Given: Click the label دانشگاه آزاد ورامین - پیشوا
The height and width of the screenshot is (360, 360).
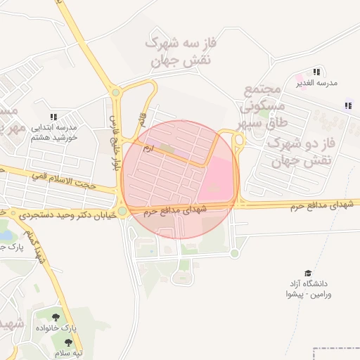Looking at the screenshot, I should [x=309, y=288].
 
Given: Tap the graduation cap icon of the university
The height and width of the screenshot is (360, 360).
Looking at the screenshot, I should [x=307, y=273].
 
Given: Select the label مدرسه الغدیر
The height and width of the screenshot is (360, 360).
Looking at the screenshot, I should [x=317, y=83].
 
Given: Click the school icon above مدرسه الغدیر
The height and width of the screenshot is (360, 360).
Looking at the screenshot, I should [x=317, y=72].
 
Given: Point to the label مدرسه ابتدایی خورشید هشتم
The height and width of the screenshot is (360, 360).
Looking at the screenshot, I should [x=53, y=132].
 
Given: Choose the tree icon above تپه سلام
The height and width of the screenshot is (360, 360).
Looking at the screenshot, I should [x=68, y=342].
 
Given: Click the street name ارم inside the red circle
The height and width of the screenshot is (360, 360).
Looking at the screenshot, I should [x=147, y=148].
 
